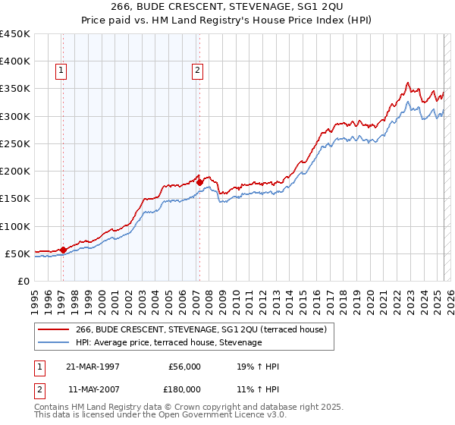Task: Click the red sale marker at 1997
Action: pos(63,250)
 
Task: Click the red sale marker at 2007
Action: pos(199,182)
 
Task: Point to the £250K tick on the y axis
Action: pos(15,143)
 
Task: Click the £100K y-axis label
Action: pos(15,226)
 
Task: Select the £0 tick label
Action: pos(24,281)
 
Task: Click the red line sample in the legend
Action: pos(55,329)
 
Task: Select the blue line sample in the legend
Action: pos(55,343)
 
